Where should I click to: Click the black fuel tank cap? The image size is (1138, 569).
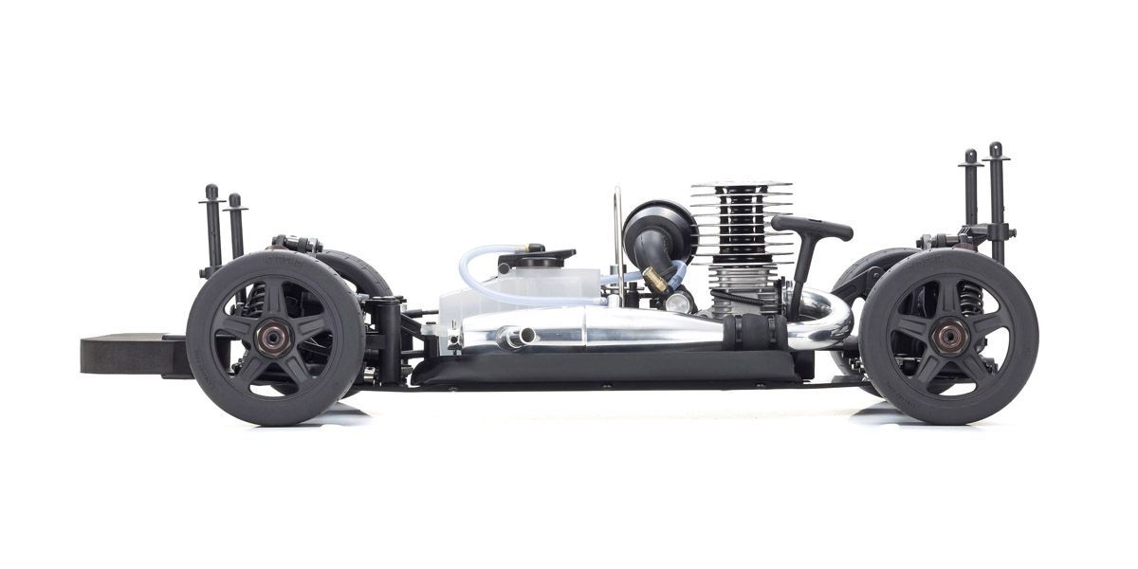[542, 257]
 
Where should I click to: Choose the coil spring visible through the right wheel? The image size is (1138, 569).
[967, 299]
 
